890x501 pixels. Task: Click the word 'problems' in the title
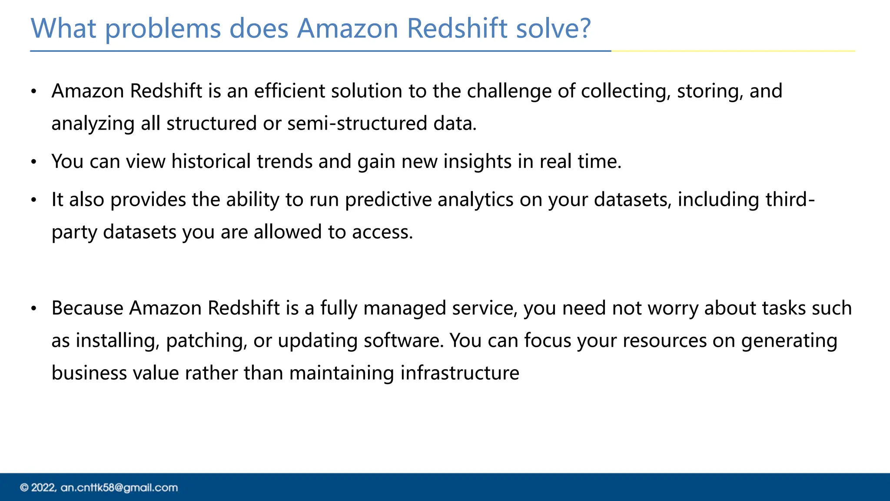tap(163, 29)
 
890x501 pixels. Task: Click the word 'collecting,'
tap(626, 91)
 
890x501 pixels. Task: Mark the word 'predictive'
tap(388, 200)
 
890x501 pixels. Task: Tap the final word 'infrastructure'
tap(459, 373)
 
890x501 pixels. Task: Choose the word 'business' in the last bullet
tap(89, 373)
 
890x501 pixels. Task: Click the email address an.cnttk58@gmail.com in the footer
tap(119, 488)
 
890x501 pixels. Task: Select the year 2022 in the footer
tap(43, 488)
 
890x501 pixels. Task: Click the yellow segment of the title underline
tap(733, 51)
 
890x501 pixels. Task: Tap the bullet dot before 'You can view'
tap(34, 162)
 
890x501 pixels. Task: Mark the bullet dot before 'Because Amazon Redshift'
tap(34, 309)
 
